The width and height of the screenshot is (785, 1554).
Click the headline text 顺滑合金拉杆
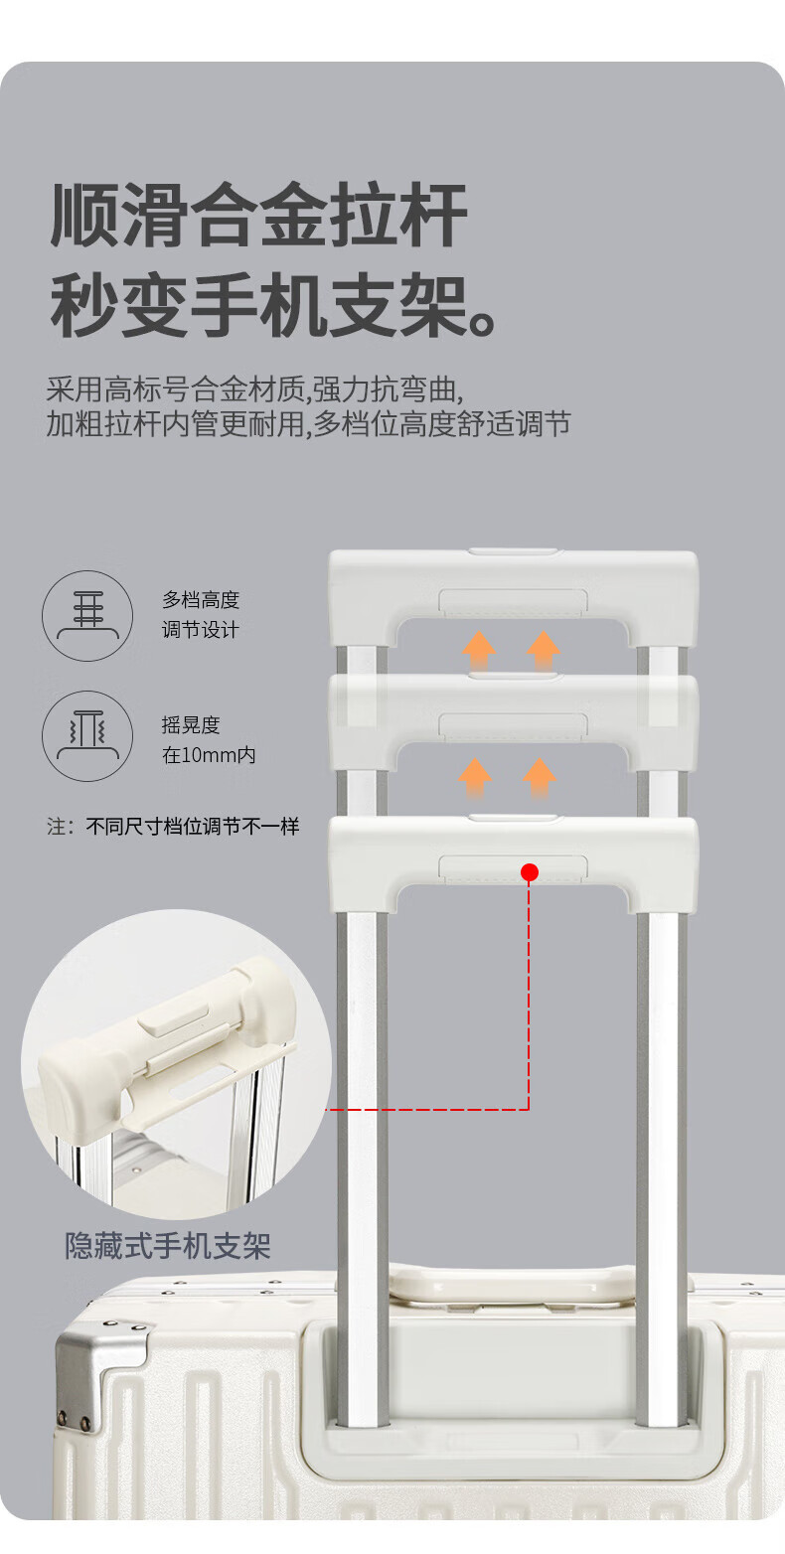258,215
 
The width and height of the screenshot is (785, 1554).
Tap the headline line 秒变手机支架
274,305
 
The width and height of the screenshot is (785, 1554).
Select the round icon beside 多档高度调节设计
87,615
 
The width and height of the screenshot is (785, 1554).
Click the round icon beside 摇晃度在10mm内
87,735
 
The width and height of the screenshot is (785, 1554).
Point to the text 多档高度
201,599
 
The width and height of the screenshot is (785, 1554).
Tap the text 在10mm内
209,755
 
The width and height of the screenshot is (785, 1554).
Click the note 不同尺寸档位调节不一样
192,827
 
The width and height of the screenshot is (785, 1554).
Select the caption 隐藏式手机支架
167,1246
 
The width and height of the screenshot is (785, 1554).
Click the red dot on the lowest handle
530,872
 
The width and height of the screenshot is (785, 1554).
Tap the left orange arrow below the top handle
479,651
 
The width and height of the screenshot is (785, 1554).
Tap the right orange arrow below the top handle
544,651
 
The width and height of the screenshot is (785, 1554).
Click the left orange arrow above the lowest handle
475,778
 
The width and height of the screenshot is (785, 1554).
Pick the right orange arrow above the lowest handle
540,778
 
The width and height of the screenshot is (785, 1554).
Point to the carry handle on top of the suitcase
512,1284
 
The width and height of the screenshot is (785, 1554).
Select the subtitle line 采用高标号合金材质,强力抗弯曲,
254,389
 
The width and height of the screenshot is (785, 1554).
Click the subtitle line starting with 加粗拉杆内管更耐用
309,424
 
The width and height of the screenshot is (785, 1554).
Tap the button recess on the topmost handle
513,602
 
